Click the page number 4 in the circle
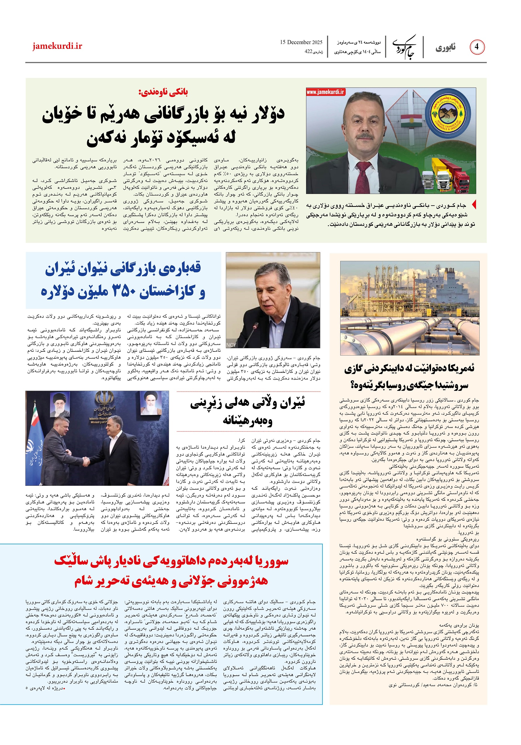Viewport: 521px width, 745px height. [x=477, y=47]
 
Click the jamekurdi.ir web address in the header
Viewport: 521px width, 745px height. [x=57, y=46]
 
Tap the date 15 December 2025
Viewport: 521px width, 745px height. [x=301, y=42]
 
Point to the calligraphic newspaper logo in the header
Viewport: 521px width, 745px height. [x=404, y=47]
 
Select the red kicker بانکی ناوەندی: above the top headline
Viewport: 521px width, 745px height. [x=163, y=92]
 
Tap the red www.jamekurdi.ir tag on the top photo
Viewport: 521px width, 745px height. [x=325, y=92]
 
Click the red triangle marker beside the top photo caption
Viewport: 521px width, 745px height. [x=474, y=205]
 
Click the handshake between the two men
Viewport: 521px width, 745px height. [x=86, y=461]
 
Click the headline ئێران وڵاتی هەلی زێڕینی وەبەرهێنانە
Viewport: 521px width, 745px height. [x=248, y=412]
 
